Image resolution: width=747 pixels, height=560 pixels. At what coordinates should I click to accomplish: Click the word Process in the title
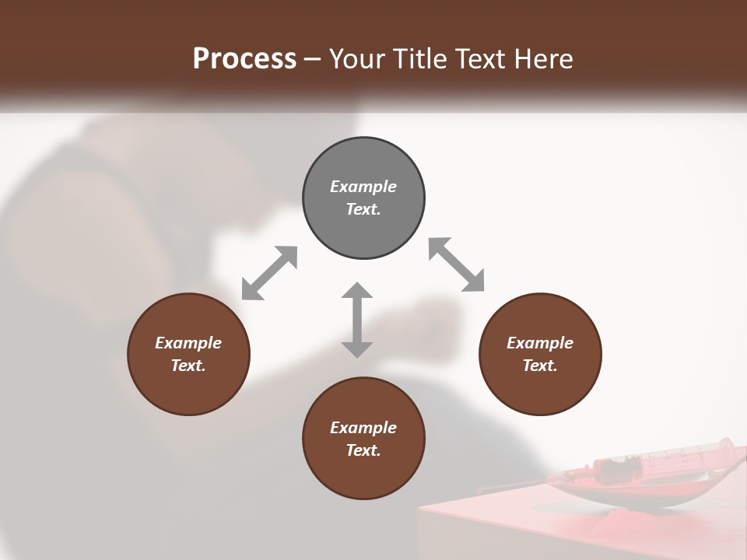point(244,59)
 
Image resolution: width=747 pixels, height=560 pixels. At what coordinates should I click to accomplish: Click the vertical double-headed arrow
point(357,320)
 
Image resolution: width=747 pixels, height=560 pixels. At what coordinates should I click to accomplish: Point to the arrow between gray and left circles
point(269,272)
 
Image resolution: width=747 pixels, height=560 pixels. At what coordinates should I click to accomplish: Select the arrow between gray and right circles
point(457,264)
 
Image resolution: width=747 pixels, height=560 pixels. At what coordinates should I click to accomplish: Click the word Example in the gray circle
point(363,187)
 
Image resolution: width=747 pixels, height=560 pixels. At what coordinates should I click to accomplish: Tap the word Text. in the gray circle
point(363,209)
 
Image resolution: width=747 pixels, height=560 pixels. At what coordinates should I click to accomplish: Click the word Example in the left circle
point(188,343)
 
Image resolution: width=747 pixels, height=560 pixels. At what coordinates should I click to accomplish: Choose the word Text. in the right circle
point(540,366)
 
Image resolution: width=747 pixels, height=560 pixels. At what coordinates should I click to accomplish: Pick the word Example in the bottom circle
point(363,428)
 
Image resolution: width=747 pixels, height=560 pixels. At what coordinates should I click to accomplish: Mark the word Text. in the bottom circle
point(363,450)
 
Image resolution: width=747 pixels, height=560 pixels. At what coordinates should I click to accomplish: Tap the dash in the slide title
point(313,59)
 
